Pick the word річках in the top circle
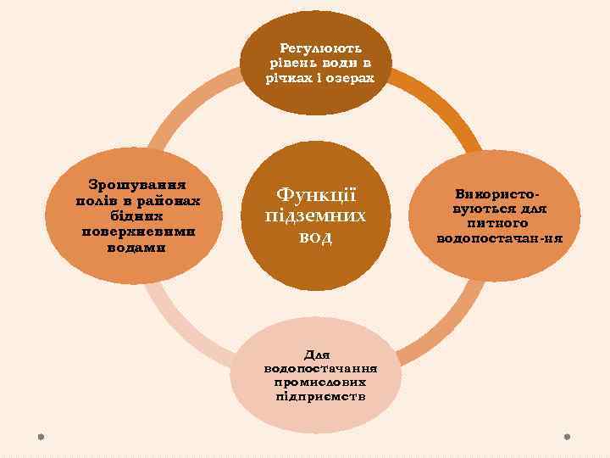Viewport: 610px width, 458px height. click(292, 76)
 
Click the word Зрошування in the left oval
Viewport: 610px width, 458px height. click(138, 184)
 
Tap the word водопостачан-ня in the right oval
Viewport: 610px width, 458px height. click(499, 238)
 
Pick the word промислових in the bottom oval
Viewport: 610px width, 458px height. click(320, 383)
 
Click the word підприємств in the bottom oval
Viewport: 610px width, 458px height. click(320, 396)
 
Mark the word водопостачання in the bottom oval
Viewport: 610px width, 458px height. click(320, 369)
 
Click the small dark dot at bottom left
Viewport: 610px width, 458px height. click(40, 437)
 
